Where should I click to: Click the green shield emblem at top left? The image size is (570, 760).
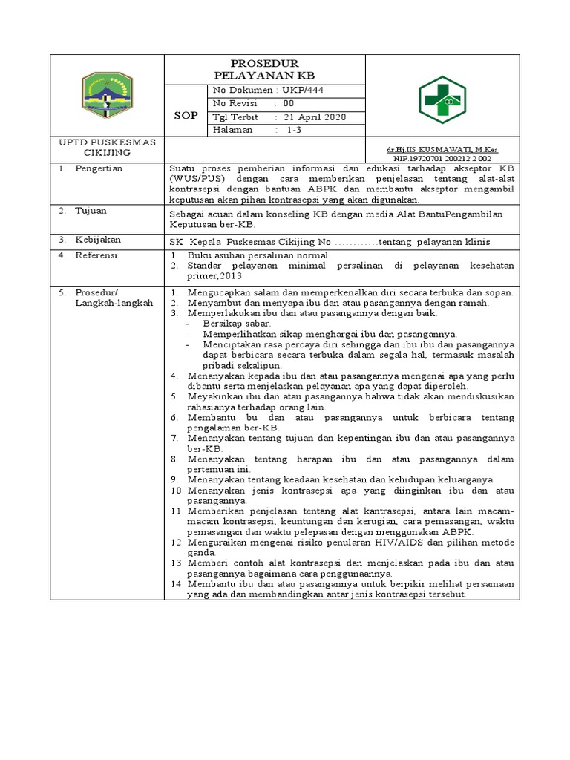pos(107,97)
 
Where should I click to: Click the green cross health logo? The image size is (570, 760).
pos(442,100)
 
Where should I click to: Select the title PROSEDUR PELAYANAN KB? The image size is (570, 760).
pos(264,70)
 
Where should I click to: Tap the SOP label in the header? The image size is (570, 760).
pos(186,116)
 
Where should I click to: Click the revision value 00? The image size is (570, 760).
pos(288,104)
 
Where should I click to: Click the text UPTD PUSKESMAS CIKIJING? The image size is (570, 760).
pos(107,148)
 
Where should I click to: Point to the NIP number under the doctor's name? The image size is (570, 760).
pos(442,158)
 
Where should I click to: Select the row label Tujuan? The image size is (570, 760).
pos(91,211)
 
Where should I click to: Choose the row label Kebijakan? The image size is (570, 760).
pos(97,240)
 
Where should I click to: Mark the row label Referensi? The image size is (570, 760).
pos(96,255)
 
